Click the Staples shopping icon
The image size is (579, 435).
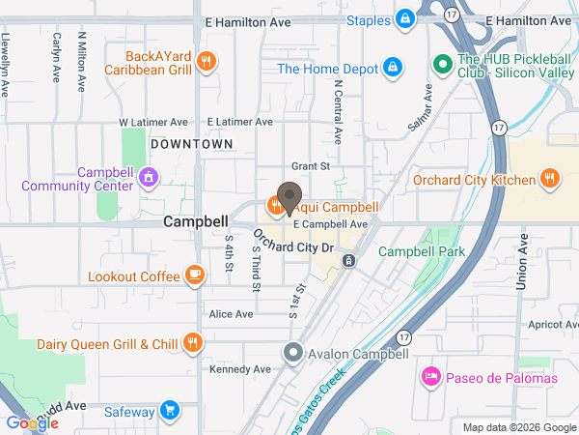[405, 19]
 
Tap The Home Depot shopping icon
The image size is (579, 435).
[392, 68]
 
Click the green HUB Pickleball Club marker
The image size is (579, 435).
[443, 64]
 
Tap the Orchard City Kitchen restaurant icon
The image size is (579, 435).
[549, 179]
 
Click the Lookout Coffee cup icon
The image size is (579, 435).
[195, 275]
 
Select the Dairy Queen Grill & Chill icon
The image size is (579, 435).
[193, 343]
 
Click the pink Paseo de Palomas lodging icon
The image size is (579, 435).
[430, 377]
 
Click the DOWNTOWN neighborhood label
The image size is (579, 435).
[191, 143]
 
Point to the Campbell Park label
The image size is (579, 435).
[421, 251]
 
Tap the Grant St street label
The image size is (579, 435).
[311, 165]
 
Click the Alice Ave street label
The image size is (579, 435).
[231, 314]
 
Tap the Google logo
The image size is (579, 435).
[32, 422]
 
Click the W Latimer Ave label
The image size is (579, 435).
[153, 123]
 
